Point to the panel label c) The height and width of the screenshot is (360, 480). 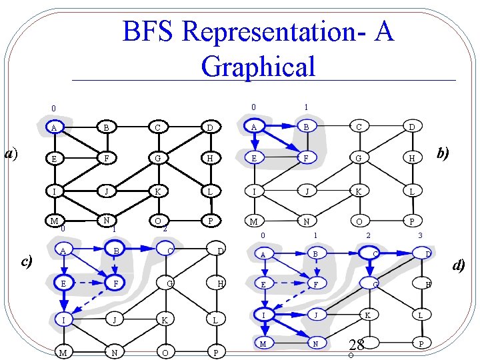26,261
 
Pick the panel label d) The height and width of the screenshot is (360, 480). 458,265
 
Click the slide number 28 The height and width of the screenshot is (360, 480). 356,345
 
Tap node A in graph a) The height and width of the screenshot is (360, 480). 53,127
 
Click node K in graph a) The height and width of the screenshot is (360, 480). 157,190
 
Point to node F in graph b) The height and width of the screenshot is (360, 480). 306,158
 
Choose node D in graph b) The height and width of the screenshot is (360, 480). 411,127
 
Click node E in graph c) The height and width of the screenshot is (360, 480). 63,283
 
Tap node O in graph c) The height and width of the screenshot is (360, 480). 164,351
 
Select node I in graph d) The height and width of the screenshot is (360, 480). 264,314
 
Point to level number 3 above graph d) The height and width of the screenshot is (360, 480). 420,235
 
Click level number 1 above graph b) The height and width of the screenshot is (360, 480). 305,107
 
